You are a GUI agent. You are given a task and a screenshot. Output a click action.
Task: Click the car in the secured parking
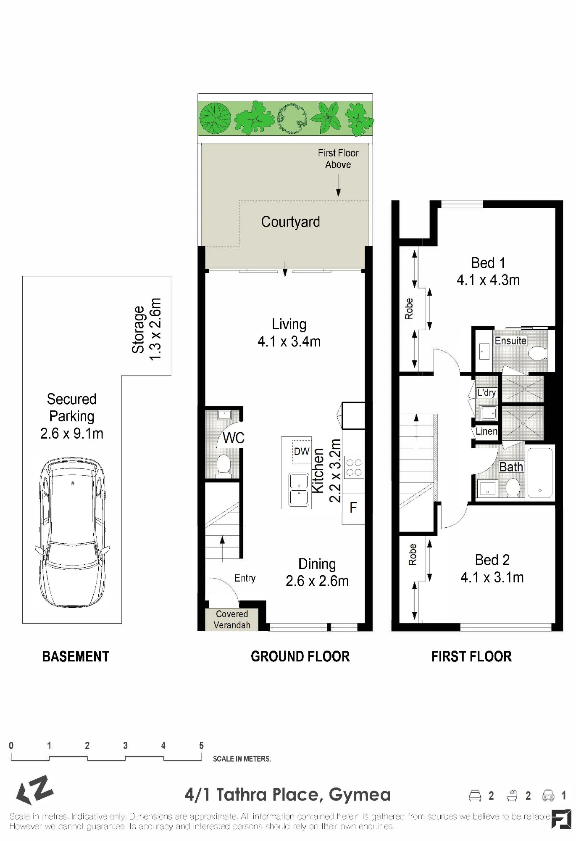click(x=72, y=532)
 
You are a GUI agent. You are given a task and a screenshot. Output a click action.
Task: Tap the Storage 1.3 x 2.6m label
click(x=146, y=329)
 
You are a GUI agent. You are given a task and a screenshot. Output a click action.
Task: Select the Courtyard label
click(x=290, y=222)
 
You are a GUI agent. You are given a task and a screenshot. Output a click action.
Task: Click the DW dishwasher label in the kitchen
click(x=302, y=452)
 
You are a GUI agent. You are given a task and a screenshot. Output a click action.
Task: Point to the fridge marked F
click(x=353, y=508)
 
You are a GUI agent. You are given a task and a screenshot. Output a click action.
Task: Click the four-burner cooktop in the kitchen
click(x=354, y=468)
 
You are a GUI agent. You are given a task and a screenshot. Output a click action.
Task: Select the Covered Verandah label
click(x=232, y=619)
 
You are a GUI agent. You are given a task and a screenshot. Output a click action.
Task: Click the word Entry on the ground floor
click(x=245, y=578)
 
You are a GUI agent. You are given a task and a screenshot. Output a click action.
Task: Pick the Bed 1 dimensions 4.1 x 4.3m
click(x=488, y=280)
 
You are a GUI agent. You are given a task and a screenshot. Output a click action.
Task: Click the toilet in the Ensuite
click(x=537, y=353)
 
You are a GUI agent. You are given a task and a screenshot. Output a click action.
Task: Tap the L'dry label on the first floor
click(x=487, y=392)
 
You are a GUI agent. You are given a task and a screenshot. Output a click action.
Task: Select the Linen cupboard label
click(x=487, y=431)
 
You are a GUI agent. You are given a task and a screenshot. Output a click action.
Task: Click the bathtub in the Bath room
click(x=540, y=473)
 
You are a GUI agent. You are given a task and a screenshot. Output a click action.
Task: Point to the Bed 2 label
click(x=492, y=560)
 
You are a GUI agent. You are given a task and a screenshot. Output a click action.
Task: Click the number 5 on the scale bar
click(x=201, y=746)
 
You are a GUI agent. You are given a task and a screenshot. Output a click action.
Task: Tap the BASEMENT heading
click(x=76, y=656)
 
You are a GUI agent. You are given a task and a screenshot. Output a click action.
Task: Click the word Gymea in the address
click(x=360, y=795)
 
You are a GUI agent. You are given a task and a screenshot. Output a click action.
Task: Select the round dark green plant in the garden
click(x=215, y=118)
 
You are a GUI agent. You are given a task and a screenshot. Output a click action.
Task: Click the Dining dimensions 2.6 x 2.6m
click(x=317, y=581)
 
